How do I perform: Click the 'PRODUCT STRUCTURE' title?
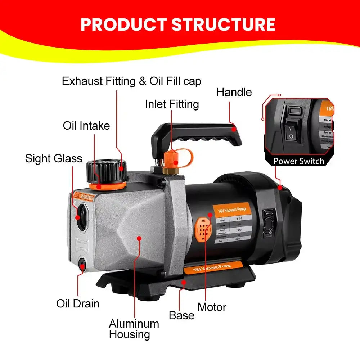[178, 24]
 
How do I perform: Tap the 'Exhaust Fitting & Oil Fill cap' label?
[131, 81]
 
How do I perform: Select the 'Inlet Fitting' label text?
[172, 104]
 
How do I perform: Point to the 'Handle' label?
[234, 92]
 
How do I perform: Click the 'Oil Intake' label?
[86, 126]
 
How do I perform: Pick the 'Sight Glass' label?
[54, 158]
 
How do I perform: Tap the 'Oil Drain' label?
[78, 303]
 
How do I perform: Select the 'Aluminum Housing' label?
[134, 329]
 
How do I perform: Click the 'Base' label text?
[181, 315]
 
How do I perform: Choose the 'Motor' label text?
[212, 307]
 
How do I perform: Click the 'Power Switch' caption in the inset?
[299, 161]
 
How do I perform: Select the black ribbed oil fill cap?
[107, 171]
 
